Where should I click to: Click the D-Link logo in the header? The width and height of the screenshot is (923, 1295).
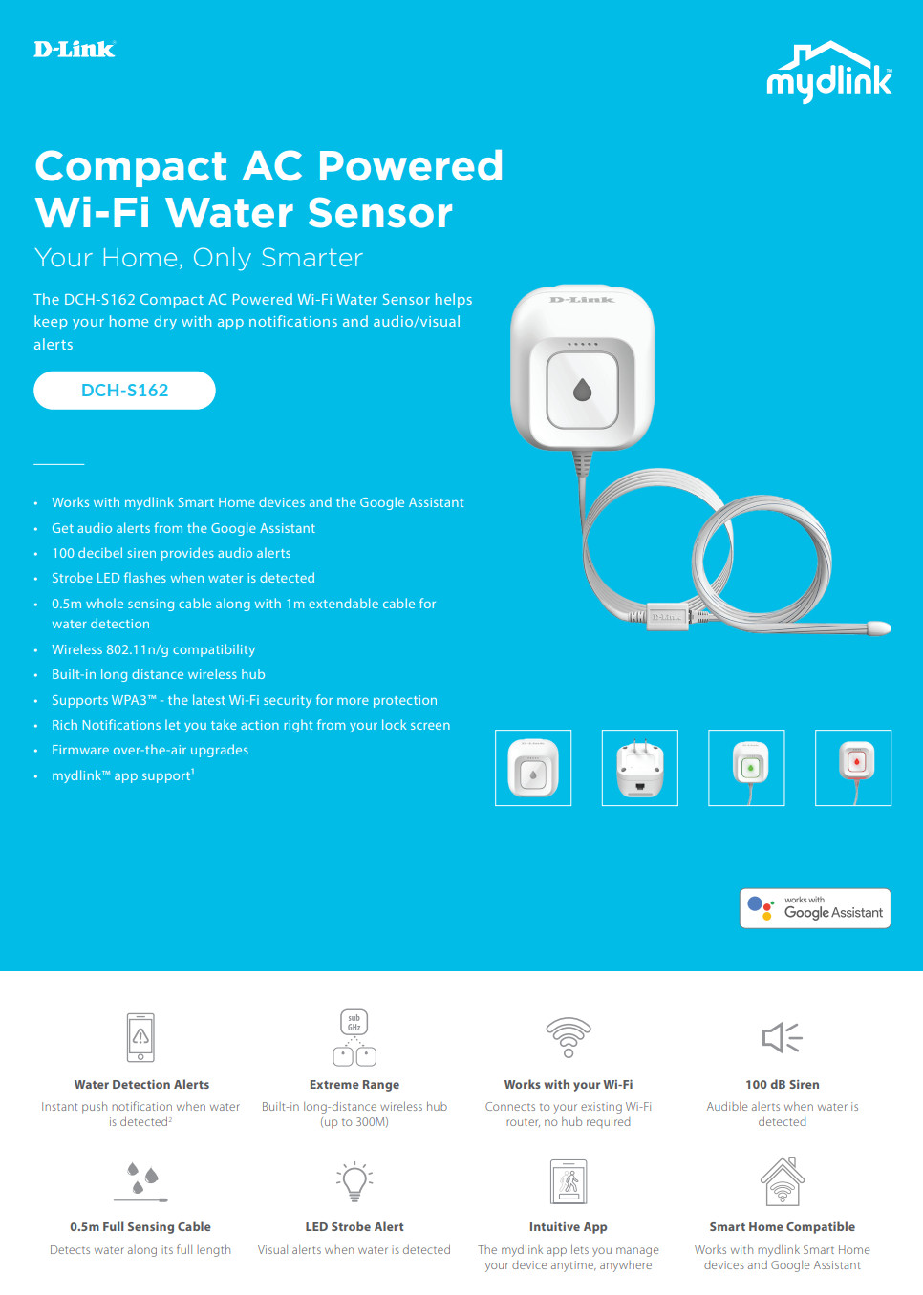click(x=75, y=50)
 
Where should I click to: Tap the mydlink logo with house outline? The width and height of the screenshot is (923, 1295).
click(x=829, y=73)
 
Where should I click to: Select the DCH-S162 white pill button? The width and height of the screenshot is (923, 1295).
click(x=124, y=391)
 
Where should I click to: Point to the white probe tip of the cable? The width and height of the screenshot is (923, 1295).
click(x=878, y=627)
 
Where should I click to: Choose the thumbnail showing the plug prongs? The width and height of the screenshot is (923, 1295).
click(x=640, y=768)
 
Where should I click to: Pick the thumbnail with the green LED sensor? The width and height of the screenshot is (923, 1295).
click(x=746, y=768)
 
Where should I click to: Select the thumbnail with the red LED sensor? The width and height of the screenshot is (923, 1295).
click(x=853, y=768)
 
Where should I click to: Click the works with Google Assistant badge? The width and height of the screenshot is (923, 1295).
click(x=815, y=908)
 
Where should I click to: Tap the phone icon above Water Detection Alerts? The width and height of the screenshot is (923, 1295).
click(x=140, y=1037)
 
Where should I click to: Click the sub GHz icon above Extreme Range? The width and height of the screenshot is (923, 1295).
click(x=354, y=1037)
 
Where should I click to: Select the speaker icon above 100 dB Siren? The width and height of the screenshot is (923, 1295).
click(x=782, y=1037)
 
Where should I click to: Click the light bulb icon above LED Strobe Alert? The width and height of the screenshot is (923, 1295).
click(x=354, y=1182)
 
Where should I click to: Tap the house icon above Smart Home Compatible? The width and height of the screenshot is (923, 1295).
click(x=783, y=1182)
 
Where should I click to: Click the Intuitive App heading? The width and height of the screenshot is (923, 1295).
click(x=569, y=1227)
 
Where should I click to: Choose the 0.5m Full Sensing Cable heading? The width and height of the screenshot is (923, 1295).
click(x=140, y=1227)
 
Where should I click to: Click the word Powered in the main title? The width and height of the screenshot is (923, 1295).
click(x=410, y=166)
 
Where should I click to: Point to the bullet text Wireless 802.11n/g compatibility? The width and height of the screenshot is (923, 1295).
click(x=154, y=649)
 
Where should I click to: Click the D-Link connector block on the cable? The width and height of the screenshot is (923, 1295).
click(x=667, y=617)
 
